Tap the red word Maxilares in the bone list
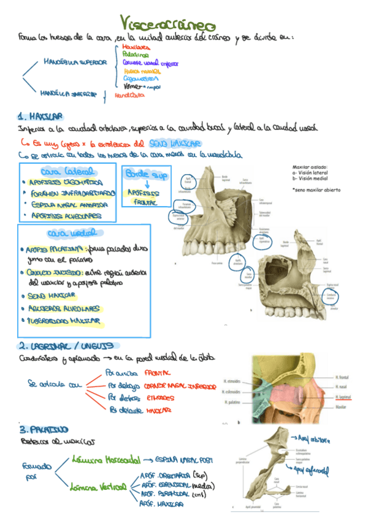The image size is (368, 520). click(x=135, y=47)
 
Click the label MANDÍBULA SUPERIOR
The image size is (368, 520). click(x=75, y=62)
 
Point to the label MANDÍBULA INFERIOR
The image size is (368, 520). click(x=69, y=94)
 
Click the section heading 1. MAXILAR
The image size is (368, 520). click(x=41, y=115)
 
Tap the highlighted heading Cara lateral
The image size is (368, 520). click(x=67, y=172)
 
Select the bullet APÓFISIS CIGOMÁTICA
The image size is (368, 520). click(x=62, y=182)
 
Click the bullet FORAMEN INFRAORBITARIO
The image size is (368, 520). click(x=72, y=193)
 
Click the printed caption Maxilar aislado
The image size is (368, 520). click(x=311, y=167)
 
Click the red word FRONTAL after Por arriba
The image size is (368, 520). click(x=157, y=372)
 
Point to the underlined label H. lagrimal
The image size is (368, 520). click(x=345, y=397)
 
